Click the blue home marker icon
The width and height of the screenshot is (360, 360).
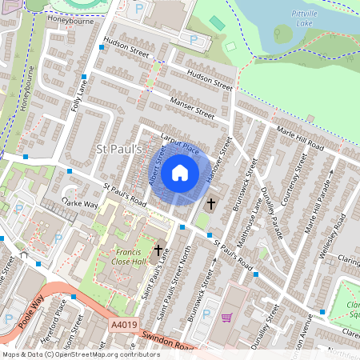pos(180,173)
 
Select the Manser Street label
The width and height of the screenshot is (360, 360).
pos(193,107)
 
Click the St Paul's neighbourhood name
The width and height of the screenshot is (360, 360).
pos(118,150)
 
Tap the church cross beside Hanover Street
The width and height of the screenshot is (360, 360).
pos(212,203)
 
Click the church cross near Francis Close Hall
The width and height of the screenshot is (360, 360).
pos(158,250)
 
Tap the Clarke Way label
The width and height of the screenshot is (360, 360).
pos(81,205)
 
